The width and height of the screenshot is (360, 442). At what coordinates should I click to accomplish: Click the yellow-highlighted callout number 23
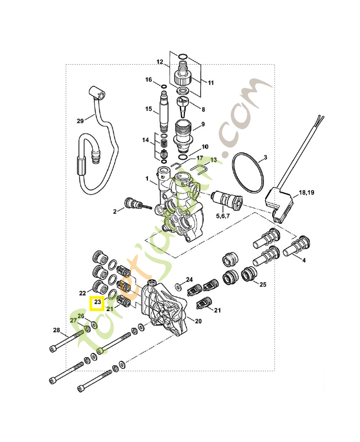tap(98, 303)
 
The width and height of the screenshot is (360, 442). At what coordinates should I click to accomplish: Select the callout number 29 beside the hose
tap(81, 121)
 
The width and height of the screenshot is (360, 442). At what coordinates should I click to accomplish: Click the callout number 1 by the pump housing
tap(147, 180)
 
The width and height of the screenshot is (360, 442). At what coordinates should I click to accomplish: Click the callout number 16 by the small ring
tap(149, 80)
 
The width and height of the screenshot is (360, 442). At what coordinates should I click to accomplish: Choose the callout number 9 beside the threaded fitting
tap(203, 124)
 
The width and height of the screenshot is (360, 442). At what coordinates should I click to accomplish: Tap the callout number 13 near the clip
tap(213, 160)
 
